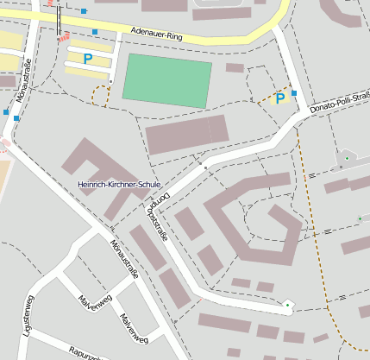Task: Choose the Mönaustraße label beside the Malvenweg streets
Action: [x=121, y=258]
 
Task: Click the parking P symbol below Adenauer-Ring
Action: [x=87, y=59]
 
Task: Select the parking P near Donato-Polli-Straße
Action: [x=280, y=99]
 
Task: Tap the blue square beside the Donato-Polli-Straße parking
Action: [x=294, y=92]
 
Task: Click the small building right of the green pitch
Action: [x=235, y=67]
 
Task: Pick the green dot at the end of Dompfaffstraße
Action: [x=287, y=304]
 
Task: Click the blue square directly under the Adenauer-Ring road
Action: [x=95, y=32]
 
